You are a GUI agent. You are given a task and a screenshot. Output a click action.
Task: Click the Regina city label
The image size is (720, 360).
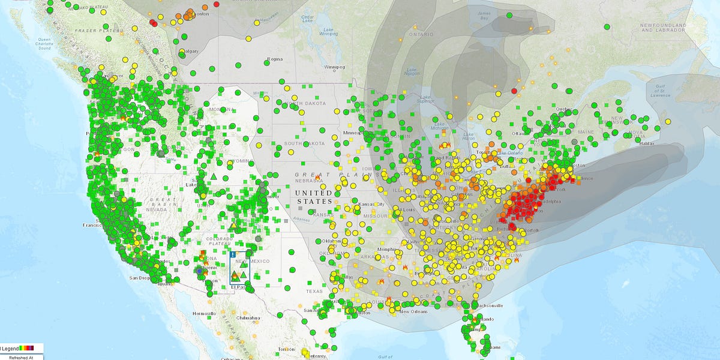click(275, 59)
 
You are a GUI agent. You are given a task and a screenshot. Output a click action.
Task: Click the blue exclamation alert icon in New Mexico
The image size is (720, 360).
click(233, 254)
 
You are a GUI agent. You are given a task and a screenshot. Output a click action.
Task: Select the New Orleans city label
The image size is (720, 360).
click(413, 311)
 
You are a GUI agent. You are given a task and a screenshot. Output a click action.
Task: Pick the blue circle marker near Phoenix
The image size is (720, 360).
click(200, 271)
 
